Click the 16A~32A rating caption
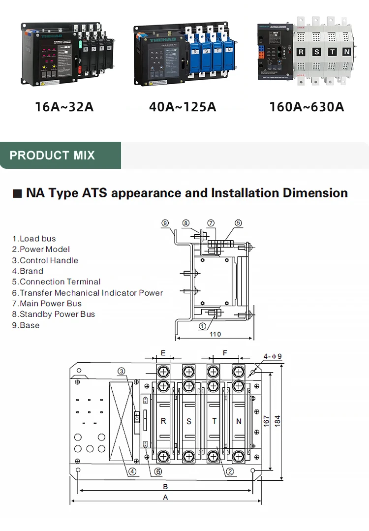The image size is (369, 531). coord(64,106)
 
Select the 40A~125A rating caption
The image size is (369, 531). coord(183,106)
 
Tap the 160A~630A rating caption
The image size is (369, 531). coord(307,106)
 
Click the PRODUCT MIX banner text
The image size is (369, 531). coord(52,156)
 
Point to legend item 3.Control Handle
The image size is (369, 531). coord(45,260)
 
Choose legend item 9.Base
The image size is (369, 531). coord(26,325)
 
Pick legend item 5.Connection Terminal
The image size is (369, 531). coord(57,282)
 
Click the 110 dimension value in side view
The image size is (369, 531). coord(215,334)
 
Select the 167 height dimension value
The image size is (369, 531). coord(266,421)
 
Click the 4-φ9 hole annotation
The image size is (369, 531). coord(273,356)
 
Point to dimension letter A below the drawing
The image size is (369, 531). coord(166,497)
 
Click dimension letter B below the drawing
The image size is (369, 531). coord(166,486)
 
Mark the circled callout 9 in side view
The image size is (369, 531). coord(165,223)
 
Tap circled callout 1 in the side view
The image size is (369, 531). coord(202,325)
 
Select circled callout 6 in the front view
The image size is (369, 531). coord(158,471)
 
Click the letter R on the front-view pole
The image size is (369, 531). coord(163,421)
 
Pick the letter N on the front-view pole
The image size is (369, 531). coord(239,421)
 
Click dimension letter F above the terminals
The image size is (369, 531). coord(225,353)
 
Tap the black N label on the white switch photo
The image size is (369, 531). coord(346,51)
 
